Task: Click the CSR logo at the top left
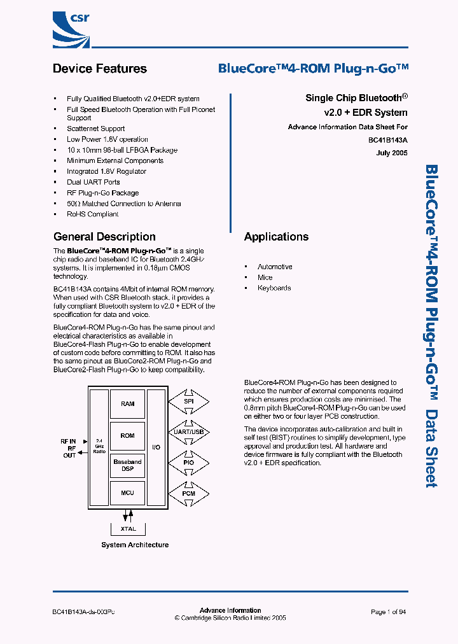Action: [x=71, y=25]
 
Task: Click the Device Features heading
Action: [x=100, y=69]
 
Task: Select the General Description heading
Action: [x=104, y=237]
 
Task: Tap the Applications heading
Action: [x=276, y=237]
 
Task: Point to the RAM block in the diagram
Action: [x=128, y=404]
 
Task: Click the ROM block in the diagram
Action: [x=128, y=436]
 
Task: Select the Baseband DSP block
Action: [x=128, y=465]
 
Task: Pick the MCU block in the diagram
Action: [x=128, y=493]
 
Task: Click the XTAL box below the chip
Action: [x=128, y=528]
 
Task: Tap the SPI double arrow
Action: [x=189, y=402]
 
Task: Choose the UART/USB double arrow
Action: [x=189, y=432]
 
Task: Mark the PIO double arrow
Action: [x=189, y=463]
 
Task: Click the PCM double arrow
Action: [x=189, y=493]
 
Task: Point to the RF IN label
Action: [x=68, y=441]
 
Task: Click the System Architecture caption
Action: [x=135, y=545]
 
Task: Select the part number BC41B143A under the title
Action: [x=387, y=140]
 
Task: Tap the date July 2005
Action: [x=392, y=153]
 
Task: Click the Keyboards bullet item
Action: [x=274, y=288]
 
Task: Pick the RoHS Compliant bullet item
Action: [x=93, y=214]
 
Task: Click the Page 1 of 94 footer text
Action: [x=388, y=612]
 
